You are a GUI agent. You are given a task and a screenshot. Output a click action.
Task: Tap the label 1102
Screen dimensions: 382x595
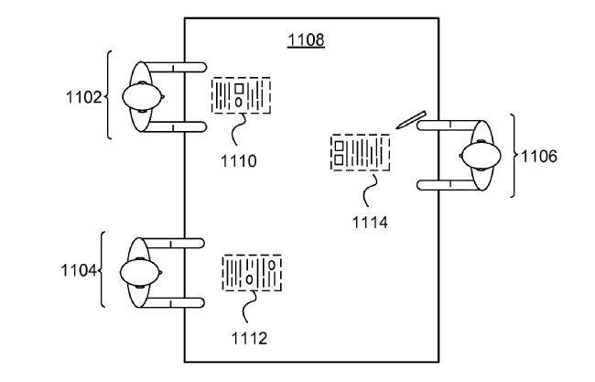[84, 95]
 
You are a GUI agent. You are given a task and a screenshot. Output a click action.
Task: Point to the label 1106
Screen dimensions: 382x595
[539, 156]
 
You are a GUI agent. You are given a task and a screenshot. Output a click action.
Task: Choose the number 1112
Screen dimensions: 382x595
[249, 338]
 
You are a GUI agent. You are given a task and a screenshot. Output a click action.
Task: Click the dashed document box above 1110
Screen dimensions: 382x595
[241, 95]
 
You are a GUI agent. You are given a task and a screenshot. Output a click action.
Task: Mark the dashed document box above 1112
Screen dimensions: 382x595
[252, 273]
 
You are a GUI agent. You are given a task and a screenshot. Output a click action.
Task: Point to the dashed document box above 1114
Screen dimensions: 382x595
[359, 152]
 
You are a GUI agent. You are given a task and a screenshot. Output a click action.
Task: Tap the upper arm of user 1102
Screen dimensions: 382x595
[176, 67]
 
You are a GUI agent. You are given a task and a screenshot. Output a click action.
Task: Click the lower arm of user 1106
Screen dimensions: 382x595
[447, 185]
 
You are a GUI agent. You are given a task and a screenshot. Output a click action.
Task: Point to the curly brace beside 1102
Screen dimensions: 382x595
[111, 95]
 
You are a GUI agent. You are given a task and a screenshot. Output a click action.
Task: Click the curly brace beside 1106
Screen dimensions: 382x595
[514, 156]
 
